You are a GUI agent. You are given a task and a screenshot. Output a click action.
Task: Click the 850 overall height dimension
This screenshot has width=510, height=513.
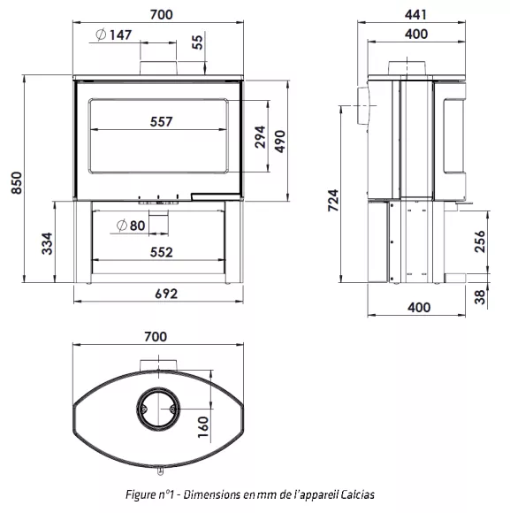(x=16, y=182)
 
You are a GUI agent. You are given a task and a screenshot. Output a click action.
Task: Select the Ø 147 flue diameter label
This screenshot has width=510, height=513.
(x=114, y=34)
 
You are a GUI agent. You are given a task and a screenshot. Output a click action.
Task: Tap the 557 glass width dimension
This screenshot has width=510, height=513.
(x=161, y=122)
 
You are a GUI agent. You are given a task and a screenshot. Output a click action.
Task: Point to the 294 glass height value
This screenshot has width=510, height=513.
(x=260, y=137)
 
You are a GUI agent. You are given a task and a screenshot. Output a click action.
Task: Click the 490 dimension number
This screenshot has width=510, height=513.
(x=280, y=142)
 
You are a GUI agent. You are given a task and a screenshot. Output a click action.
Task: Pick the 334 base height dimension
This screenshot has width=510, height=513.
(x=47, y=243)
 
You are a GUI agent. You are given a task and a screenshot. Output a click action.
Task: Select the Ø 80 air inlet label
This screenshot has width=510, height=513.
(x=131, y=226)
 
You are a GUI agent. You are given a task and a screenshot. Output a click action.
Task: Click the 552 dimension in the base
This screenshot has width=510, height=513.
(x=162, y=252)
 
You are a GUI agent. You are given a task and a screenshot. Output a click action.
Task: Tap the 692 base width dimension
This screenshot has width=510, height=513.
(x=166, y=294)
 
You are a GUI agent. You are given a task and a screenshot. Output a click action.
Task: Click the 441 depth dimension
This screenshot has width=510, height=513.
(x=415, y=15)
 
